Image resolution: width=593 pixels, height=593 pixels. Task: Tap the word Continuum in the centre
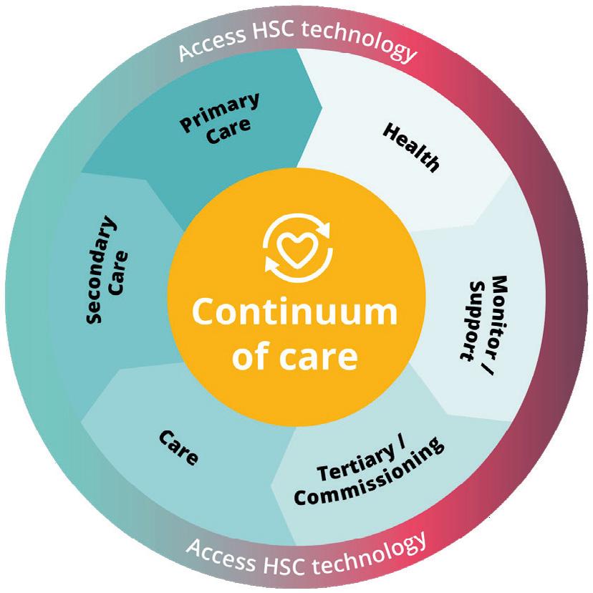[x=294, y=312]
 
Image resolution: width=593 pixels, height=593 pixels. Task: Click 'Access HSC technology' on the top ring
[x=296, y=51]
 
